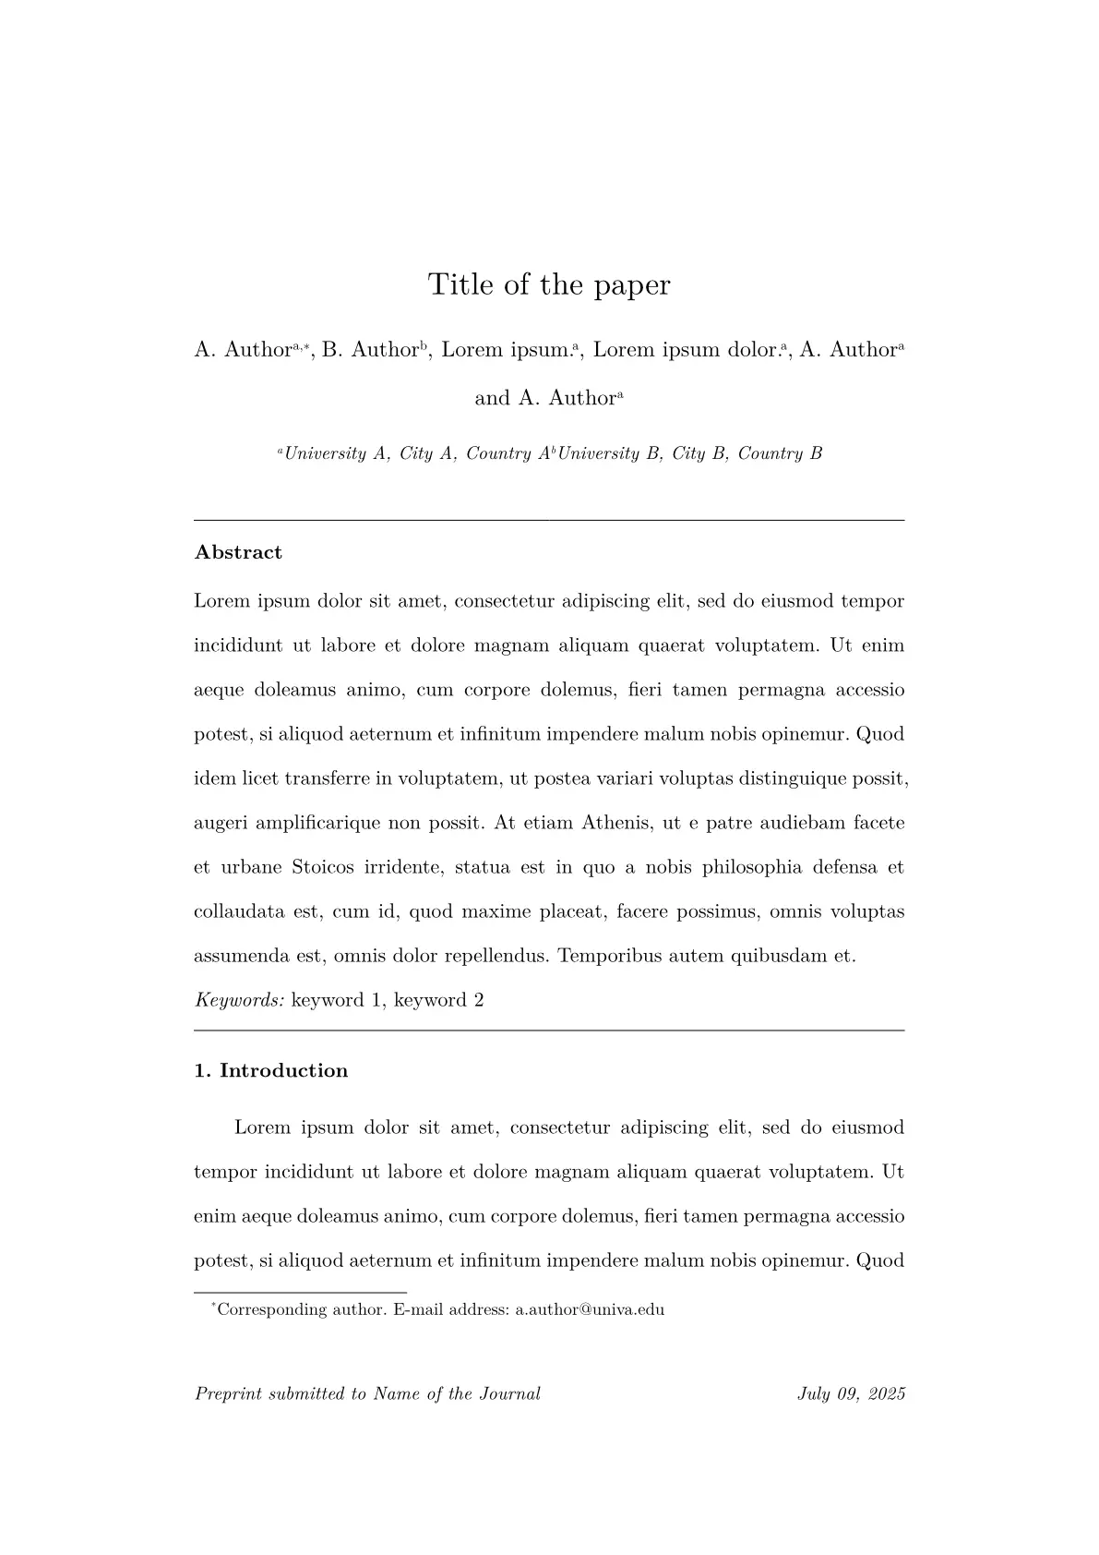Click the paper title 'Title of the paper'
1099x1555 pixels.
coord(549,284)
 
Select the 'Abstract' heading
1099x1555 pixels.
coord(238,552)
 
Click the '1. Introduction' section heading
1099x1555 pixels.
coord(271,1070)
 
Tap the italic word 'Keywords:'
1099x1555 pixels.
coord(239,1000)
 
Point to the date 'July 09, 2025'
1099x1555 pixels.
coord(851,1394)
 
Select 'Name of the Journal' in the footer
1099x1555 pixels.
coord(457,1394)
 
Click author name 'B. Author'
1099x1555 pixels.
coord(370,350)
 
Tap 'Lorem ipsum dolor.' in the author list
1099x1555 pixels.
coord(686,350)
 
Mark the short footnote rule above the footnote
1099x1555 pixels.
coord(300,1293)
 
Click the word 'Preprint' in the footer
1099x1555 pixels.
coord(228,1394)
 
